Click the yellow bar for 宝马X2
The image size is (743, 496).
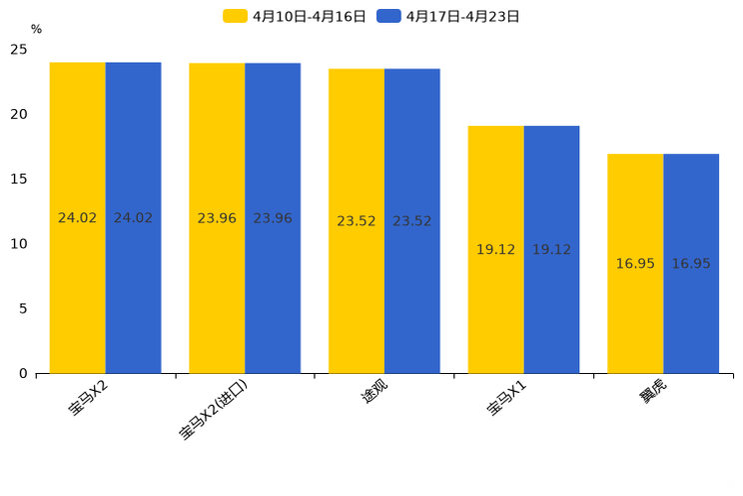point(77,218)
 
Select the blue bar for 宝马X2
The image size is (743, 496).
point(133,218)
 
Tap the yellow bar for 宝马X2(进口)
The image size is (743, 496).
point(217,218)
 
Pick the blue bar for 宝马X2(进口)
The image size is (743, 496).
point(273,218)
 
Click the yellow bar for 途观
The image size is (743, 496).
point(357,221)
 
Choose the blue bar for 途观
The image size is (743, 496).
point(411,221)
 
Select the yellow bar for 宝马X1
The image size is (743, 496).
point(495,249)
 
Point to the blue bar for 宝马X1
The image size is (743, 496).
point(551,249)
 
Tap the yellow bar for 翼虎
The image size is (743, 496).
point(635,263)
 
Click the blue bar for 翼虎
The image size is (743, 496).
point(691,263)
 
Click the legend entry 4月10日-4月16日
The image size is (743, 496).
point(295,16)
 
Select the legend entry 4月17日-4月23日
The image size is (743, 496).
point(449,16)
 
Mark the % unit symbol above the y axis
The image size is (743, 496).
point(36,29)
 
